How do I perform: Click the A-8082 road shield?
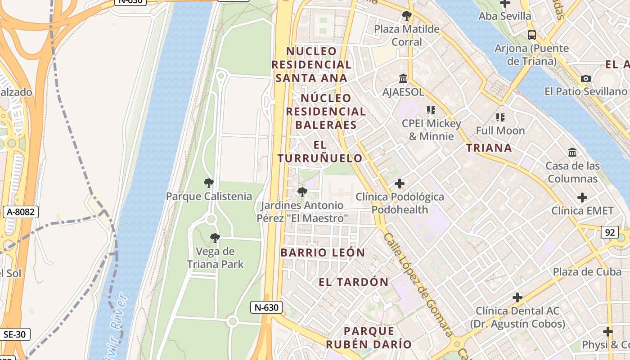[x=20, y=212]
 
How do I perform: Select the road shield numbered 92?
[x=610, y=232]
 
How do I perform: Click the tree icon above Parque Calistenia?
[x=208, y=183]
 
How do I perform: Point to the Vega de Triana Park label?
[x=215, y=257]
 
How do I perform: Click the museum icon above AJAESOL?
[x=403, y=79]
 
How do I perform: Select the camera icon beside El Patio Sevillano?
[x=585, y=78]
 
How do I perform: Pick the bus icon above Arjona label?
[x=531, y=35]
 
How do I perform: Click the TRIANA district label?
[x=489, y=148]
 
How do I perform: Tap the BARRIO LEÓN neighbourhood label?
[x=323, y=252]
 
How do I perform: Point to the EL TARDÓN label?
[x=353, y=282]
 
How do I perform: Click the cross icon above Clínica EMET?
[x=582, y=197]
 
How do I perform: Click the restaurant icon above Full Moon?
[x=500, y=117]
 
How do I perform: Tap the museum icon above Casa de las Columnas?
[x=572, y=153]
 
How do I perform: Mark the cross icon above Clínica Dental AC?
[x=517, y=297]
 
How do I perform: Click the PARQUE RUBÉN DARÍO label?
[x=369, y=337]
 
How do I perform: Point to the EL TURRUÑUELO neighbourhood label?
[x=319, y=152]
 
